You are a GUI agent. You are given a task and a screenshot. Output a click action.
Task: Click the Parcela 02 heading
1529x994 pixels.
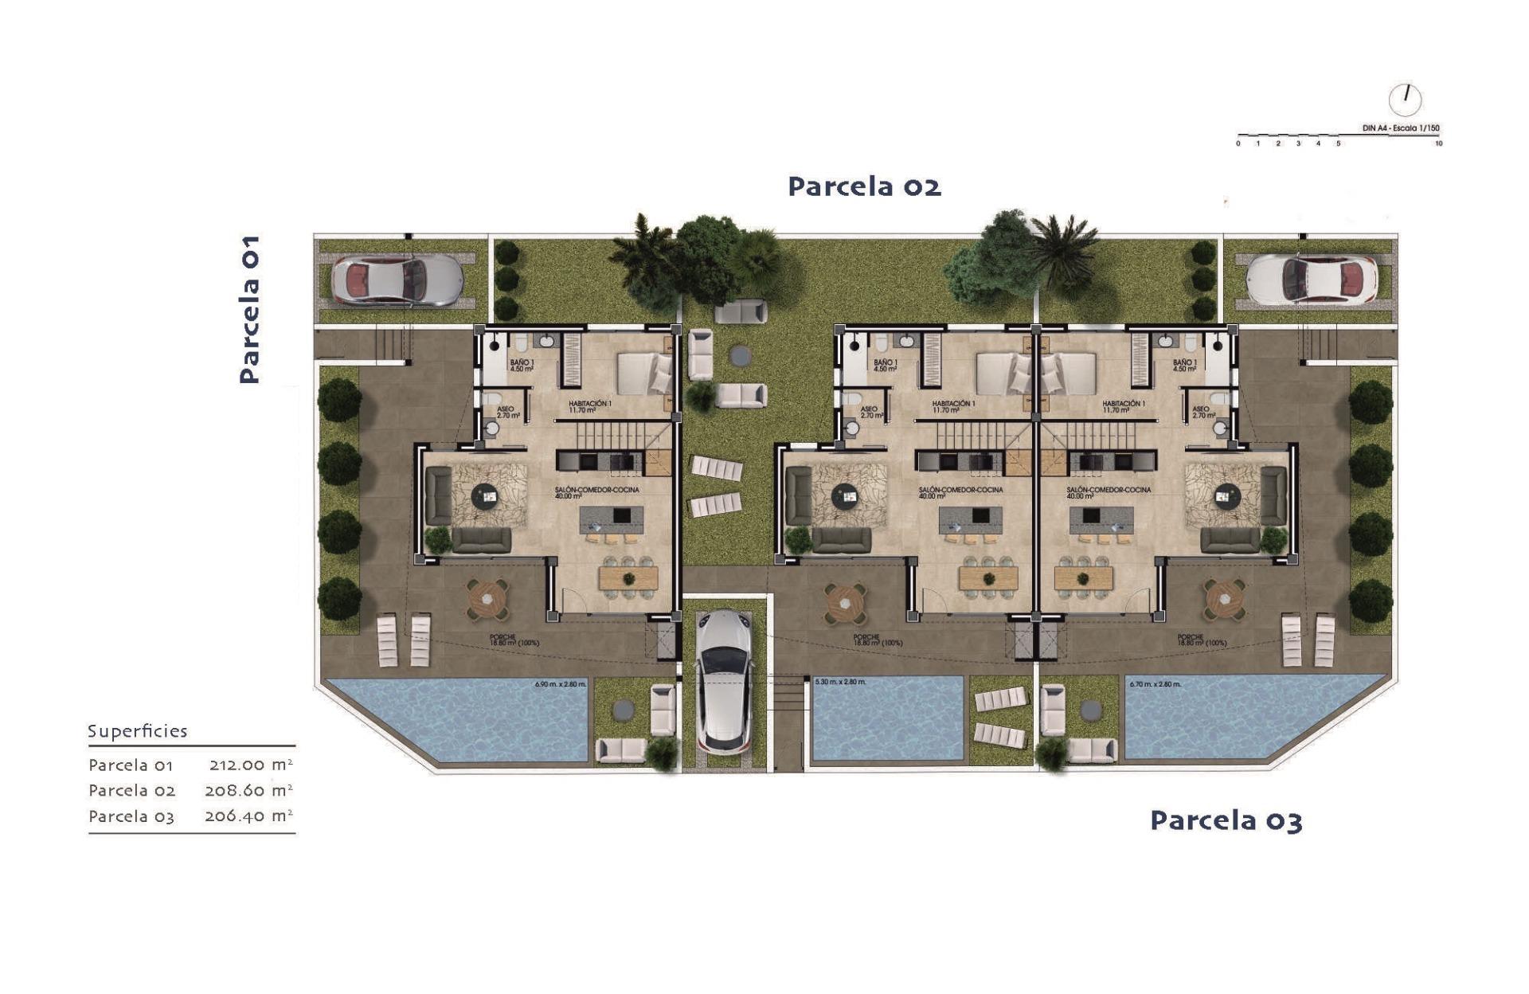(864, 186)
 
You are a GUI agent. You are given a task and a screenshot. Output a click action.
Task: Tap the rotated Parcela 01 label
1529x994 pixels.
(249, 309)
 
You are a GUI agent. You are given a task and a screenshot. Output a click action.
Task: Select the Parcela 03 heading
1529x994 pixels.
(1226, 820)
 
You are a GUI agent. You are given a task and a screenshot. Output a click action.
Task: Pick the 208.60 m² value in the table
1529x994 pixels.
(248, 790)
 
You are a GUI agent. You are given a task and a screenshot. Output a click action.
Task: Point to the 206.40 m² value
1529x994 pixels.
(248, 816)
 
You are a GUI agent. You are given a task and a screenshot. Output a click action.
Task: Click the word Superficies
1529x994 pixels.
(137, 731)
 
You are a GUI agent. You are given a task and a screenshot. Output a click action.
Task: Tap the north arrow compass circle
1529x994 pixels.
(1405, 100)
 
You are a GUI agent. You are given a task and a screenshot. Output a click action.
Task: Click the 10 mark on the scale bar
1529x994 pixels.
(1438, 144)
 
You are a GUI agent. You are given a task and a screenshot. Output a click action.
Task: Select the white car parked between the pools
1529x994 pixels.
(724, 681)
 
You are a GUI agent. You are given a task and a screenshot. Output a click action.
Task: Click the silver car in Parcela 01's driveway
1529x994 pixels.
(396, 280)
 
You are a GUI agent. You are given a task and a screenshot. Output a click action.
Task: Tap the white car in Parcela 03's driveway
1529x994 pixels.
(1311, 280)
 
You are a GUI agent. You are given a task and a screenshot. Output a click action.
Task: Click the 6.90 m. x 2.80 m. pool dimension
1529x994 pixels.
(560, 684)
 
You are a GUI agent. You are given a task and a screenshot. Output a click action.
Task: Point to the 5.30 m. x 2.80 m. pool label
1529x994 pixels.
(840, 683)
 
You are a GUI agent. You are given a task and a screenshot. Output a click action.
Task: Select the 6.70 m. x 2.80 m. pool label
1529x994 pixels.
(1155, 684)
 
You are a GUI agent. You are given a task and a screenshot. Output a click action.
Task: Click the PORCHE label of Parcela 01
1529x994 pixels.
(503, 640)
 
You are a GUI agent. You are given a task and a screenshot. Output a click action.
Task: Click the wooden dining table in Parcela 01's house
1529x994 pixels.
(629, 577)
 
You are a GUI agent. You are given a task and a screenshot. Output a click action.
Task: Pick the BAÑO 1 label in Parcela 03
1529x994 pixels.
(1184, 366)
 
